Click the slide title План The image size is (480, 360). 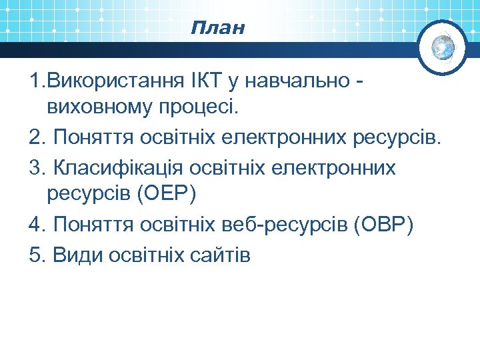point(217,28)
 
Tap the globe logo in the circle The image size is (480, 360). point(443,47)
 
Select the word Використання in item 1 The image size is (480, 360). point(111,81)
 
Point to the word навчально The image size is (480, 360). point(297,81)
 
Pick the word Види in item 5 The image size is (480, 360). point(73,255)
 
